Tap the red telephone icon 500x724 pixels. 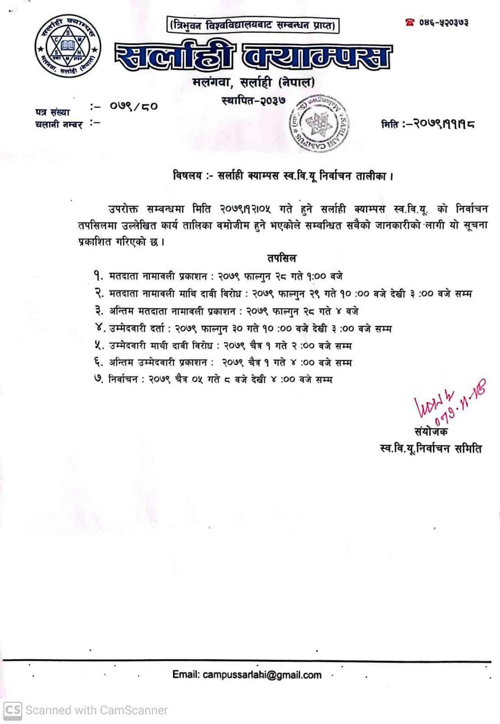(410, 22)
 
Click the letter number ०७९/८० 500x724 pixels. (134, 106)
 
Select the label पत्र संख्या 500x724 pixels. (53, 112)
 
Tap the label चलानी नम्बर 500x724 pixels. (59, 124)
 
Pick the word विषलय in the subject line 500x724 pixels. (187, 176)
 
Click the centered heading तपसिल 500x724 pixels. (281, 258)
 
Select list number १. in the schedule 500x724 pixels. (99, 276)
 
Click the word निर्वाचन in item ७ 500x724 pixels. (123, 379)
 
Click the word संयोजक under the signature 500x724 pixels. (430, 431)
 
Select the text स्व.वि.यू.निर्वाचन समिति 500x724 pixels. (431, 448)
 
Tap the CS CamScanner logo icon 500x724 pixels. (13, 710)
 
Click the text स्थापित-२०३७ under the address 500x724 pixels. (254, 100)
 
